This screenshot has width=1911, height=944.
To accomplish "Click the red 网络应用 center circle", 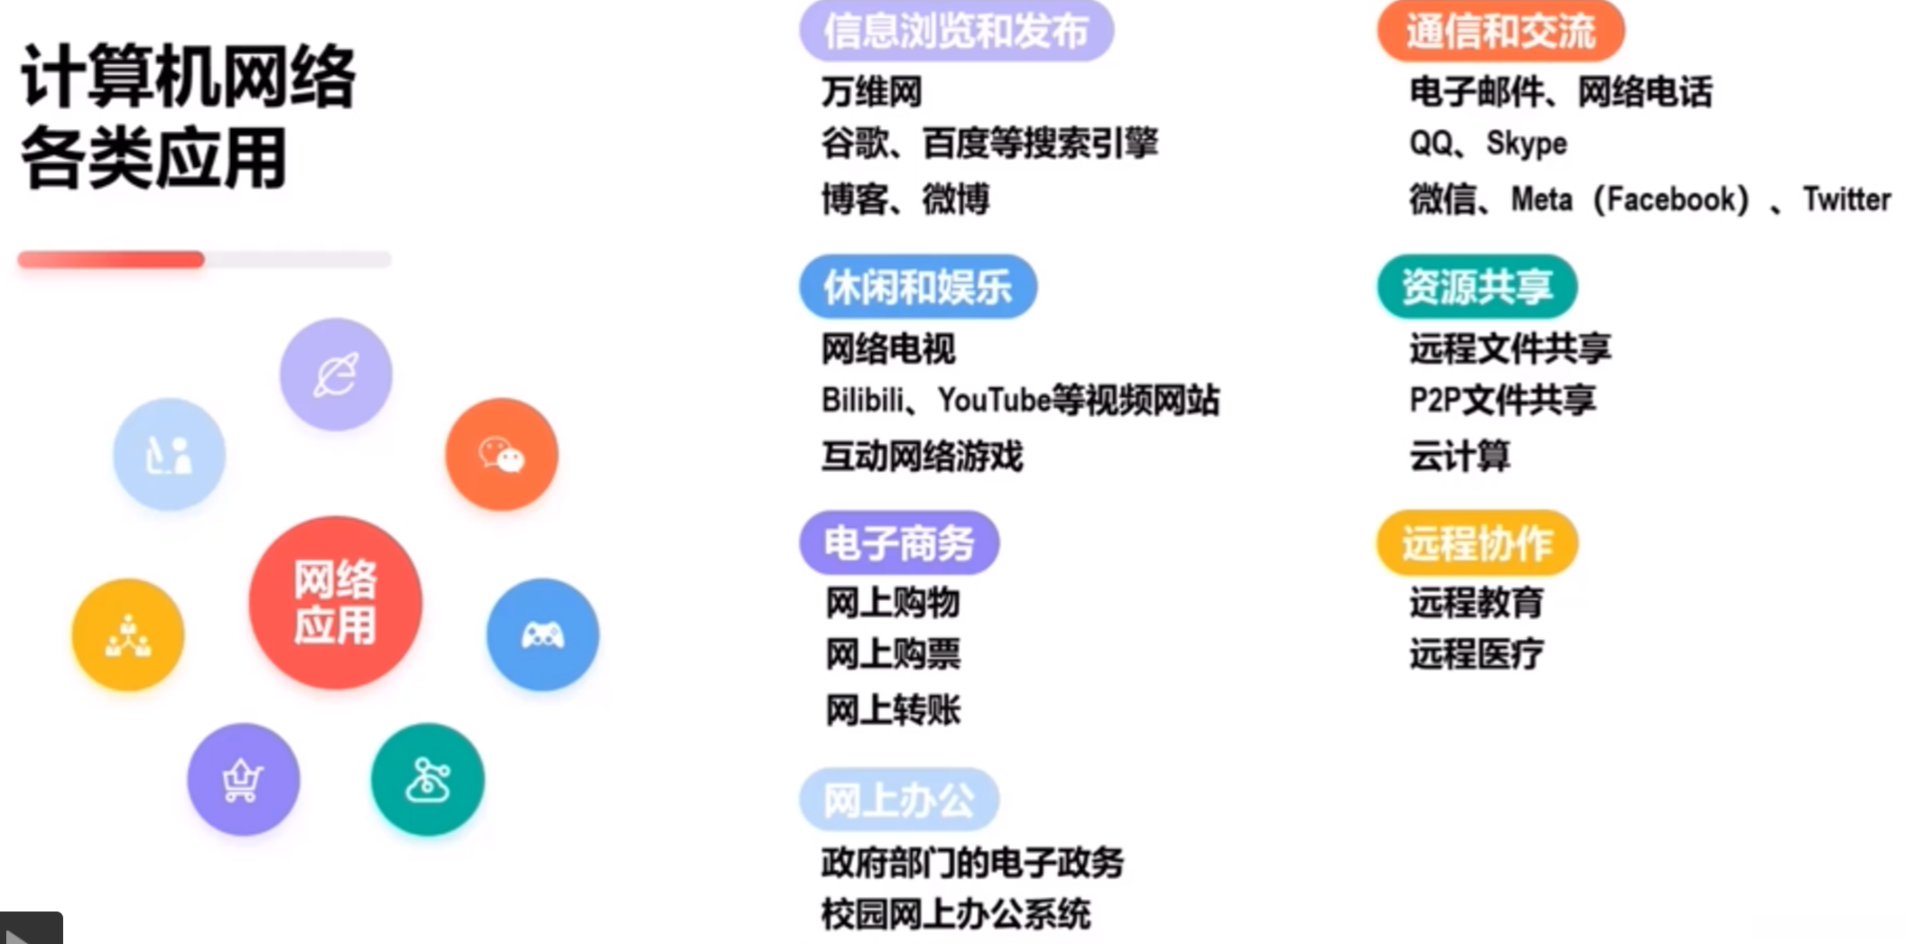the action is (x=335, y=602).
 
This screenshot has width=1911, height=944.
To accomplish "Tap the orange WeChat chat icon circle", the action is (x=501, y=454).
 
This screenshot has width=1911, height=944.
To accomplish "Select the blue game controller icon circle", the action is (x=543, y=634).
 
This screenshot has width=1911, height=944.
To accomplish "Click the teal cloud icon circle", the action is (x=427, y=779).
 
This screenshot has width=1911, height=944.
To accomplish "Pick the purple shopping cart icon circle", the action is (x=243, y=779).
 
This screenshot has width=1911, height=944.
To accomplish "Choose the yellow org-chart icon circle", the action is (x=128, y=634).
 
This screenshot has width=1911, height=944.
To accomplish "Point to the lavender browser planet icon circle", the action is (x=336, y=374).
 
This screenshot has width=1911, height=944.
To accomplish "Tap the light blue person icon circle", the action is (x=169, y=454).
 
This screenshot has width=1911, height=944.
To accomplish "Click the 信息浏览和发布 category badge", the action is (x=956, y=31).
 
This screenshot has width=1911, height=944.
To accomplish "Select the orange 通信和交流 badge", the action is (x=1500, y=31).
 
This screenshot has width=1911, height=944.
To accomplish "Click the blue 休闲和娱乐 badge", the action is (x=917, y=287).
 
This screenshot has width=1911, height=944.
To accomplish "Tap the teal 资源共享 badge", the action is (x=1477, y=287).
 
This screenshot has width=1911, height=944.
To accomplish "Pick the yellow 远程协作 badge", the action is (x=1477, y=543).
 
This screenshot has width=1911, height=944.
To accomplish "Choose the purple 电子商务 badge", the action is (x=899, y=543).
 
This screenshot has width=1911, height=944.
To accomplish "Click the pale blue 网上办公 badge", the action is (x=899, y=800).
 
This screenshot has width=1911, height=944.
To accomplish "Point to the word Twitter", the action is (x=1846, y=199).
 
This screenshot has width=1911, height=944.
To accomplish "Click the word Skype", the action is (x=1526, y=143).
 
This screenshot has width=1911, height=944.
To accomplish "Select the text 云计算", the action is (x=1460, y=456).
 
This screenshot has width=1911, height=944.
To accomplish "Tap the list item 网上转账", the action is (x=893, y=710).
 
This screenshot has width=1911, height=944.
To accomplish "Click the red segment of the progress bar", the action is (x=111, y=260).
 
